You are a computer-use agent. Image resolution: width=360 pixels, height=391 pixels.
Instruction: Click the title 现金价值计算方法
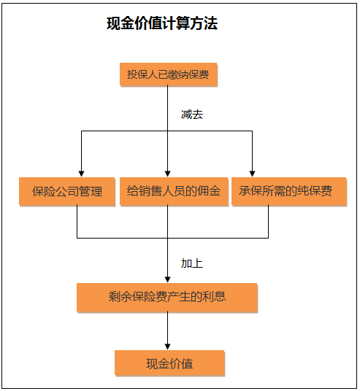[162, 23]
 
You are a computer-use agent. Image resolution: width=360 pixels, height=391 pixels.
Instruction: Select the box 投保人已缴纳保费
[169, 74]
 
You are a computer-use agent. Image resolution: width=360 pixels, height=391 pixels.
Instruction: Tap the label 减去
[192, 115]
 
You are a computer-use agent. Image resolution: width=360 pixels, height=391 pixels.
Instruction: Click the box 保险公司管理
[67, 191]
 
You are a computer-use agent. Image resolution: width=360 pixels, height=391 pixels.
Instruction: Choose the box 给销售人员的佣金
[174, 191]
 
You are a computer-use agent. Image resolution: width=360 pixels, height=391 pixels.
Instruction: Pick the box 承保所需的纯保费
[289, 191]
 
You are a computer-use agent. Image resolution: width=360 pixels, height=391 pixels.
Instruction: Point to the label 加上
[192, 263]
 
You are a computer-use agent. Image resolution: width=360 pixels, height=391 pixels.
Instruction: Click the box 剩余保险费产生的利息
[167, 297]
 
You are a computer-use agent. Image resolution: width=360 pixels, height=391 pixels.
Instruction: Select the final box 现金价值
[169, 363]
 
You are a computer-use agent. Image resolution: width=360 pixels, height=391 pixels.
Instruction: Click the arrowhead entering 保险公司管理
[81, 174]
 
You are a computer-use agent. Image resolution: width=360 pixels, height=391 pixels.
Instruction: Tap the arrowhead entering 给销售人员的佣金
[168, 174]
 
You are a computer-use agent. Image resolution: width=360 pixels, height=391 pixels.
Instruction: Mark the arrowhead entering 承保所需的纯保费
[252, 174]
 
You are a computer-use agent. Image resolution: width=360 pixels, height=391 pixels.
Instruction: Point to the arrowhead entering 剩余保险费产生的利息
[168, 279]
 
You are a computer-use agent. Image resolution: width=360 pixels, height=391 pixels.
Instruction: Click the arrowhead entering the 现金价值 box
[168, 347]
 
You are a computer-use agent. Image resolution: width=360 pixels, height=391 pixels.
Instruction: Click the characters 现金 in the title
[120, 23]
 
